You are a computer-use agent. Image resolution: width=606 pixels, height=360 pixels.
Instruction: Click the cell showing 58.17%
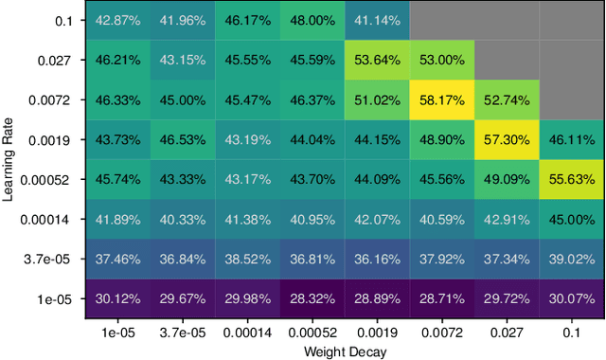[x=442, y=99]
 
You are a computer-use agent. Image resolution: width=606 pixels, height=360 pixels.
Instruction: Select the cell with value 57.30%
[x=507, y=138]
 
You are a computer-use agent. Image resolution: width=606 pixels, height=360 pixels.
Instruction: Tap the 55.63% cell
[x=572, y=179]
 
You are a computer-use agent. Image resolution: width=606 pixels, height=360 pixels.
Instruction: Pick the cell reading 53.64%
[x=377, y=59]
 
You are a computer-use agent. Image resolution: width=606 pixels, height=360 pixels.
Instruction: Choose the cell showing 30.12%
[x=116, y=298]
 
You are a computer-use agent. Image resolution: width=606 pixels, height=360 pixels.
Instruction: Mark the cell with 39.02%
[x=572, y=259]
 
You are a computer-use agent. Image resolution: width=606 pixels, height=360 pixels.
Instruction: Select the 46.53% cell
[x=182, y=138]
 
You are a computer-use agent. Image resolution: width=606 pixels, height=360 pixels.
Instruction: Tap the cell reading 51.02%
[x=377, y=99]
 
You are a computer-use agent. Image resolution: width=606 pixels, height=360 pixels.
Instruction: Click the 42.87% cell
[x=116, y=19]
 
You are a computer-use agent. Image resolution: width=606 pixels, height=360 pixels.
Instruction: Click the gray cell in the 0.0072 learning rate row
[x=572, y=99]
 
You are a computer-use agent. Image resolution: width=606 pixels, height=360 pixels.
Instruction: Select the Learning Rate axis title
[x=9, y=159]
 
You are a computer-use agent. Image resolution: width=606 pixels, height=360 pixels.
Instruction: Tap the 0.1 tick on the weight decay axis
[x=572, y=333]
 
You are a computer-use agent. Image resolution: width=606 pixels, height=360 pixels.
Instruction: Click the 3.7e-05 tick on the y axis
[x=56, y=259]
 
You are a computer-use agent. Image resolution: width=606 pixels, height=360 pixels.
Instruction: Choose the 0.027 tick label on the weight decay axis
[x=507, y=333]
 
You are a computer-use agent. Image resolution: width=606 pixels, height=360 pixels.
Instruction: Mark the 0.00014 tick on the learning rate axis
[x=53, y=219]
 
